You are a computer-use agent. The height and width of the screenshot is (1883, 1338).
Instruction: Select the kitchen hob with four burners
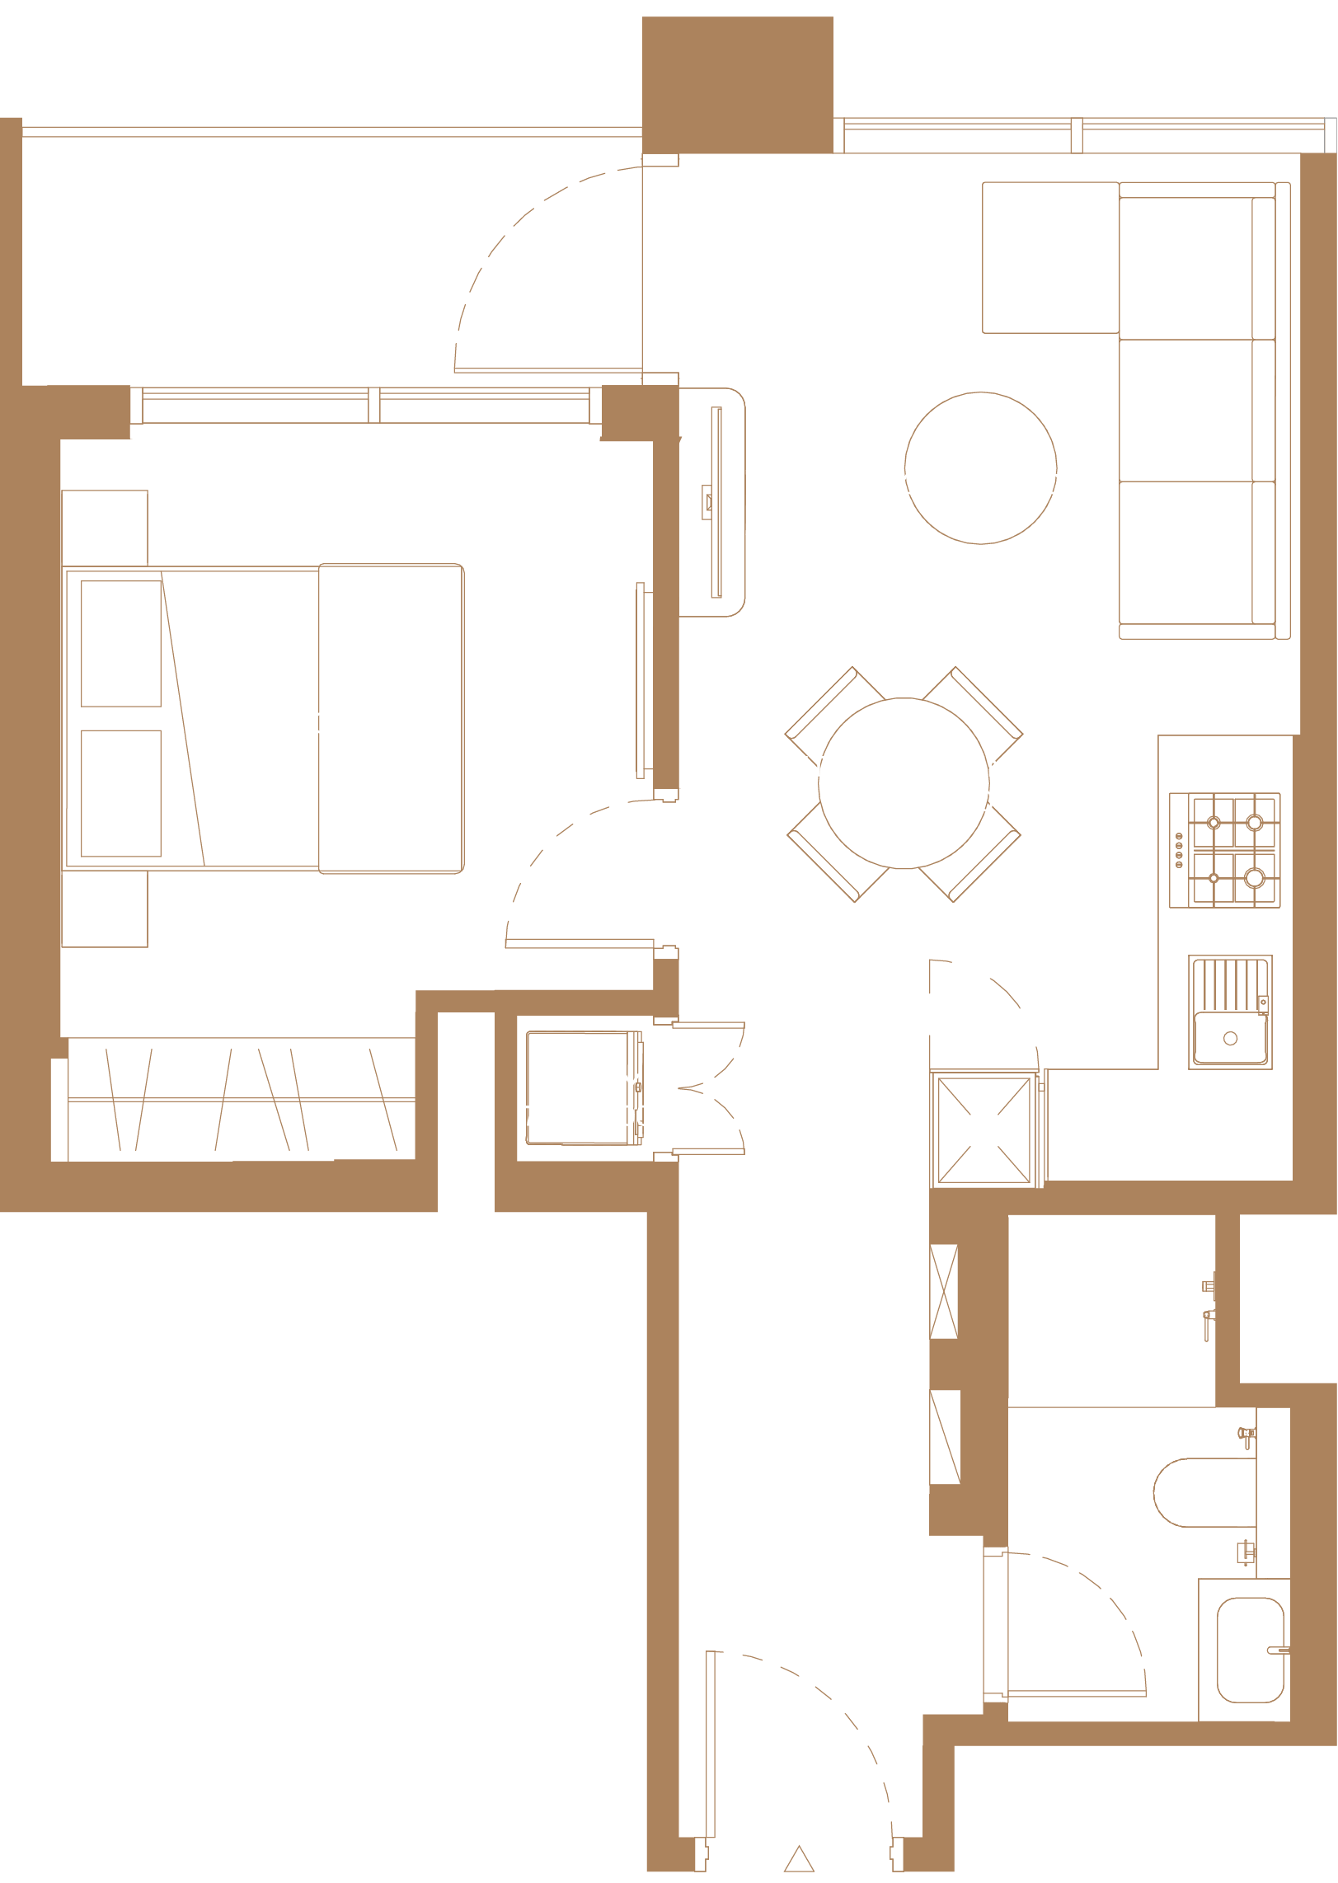(1224, 850)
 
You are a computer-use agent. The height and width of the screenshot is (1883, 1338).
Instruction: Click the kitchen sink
(1230, 1012)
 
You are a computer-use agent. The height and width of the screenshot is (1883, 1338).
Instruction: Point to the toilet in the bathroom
(1204, 1492)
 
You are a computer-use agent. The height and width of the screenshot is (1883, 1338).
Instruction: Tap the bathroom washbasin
(1250, 1650)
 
